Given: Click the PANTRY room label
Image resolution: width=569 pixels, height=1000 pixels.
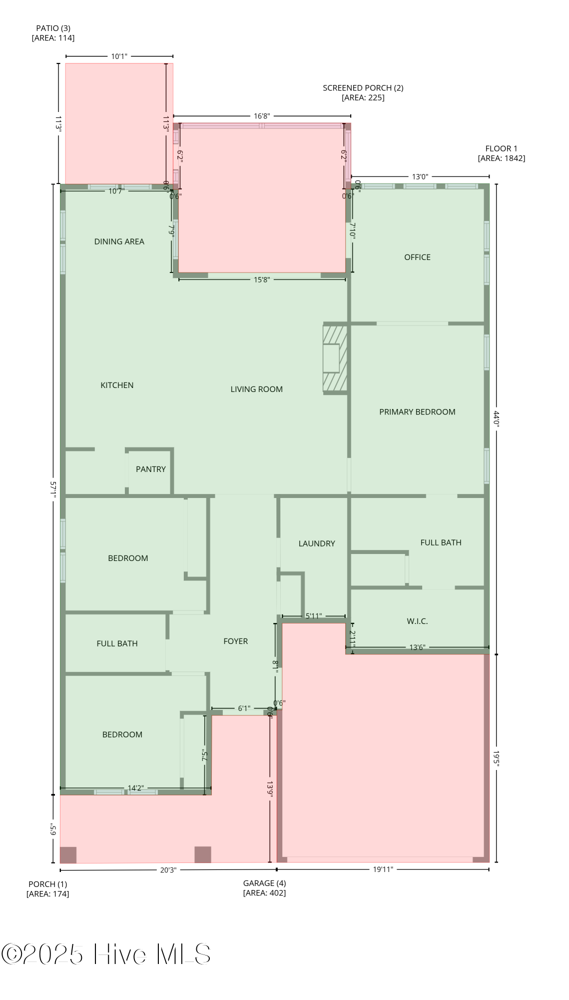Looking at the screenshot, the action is pos(151,469).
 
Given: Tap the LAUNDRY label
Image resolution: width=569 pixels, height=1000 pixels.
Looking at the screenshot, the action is pos(317,543).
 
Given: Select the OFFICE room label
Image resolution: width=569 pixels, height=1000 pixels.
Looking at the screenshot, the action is pos(417,257).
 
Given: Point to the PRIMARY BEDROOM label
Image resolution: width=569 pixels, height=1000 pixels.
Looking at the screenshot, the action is pos(417,412).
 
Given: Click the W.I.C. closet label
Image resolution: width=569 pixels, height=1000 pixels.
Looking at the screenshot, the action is pos(417,621).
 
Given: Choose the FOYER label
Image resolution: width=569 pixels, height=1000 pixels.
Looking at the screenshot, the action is pos(236,641).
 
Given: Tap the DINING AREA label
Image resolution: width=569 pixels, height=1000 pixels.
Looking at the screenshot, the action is pos(119,241).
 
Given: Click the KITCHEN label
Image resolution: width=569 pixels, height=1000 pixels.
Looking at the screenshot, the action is pos(117,385).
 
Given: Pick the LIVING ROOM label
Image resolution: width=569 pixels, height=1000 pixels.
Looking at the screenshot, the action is pos(257,389).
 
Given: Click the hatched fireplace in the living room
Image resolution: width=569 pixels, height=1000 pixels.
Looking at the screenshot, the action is pos(335,358).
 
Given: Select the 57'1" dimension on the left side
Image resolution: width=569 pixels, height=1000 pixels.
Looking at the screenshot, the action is pos(53,489).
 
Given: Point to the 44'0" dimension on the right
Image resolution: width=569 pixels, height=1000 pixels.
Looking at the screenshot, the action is pos(497,418).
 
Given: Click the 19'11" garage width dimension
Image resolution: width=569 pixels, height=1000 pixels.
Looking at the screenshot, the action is pos(383,869).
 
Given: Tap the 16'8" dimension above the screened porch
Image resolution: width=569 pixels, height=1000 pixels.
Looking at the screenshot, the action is pos(262,116).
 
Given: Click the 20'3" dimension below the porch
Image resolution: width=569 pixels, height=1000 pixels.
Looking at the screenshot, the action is pos(168,869).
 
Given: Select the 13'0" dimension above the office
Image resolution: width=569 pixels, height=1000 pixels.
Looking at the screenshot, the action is pos(420,176).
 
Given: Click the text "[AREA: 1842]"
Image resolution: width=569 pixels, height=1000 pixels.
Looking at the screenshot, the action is pos(502,158).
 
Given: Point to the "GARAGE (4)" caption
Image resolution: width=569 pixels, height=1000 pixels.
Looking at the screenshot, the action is pos(265,883).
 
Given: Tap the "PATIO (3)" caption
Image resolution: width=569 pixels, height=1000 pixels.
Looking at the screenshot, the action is pos(53,28).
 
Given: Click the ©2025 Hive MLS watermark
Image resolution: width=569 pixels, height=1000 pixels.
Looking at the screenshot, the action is pos(106,954).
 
